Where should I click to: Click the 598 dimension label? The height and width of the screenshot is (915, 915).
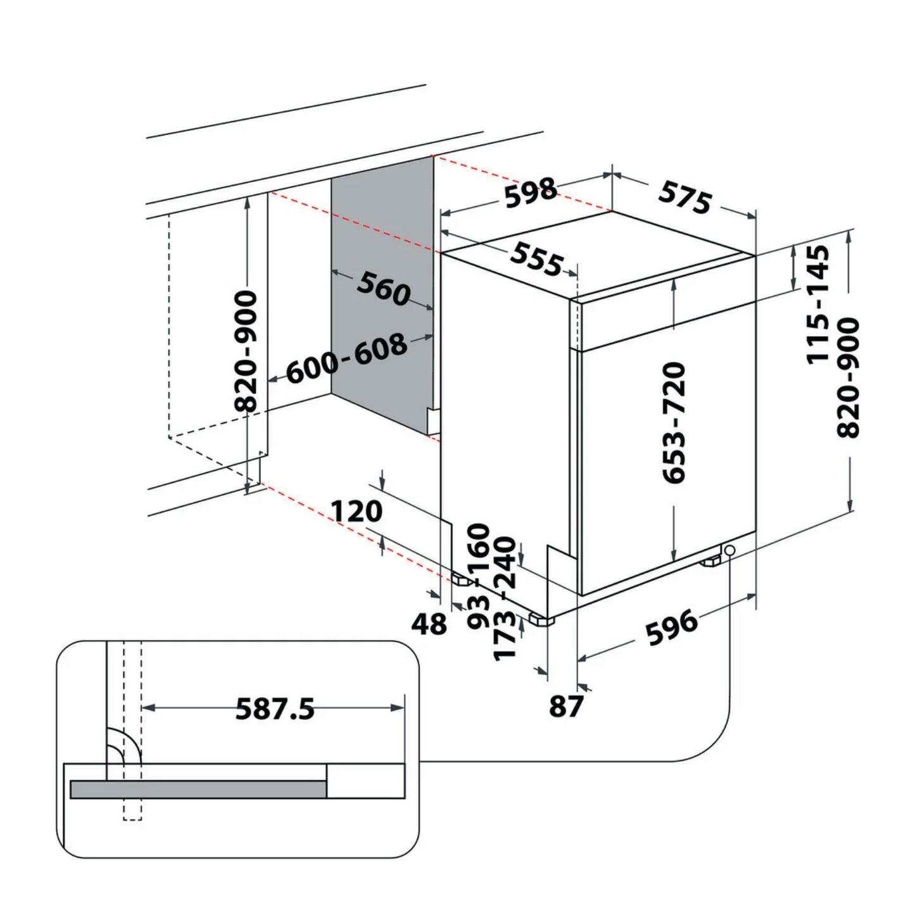(x=531, y=192)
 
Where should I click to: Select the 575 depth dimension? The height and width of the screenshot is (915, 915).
(x=685, y=196)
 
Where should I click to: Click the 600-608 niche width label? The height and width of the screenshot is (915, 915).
(x=346, y=358)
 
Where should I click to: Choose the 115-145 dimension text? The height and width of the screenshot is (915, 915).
(x=817, y=305)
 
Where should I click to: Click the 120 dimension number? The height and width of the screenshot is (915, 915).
(x=357, y=512)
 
